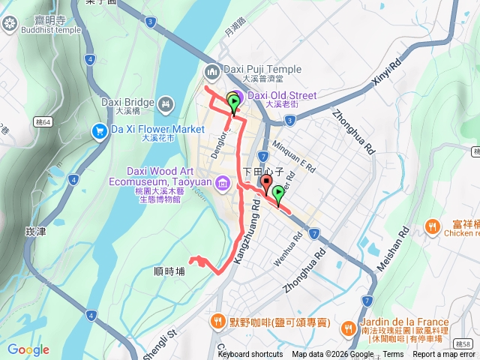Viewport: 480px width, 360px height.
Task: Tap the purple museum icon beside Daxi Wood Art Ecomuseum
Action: pyautogui.click(x=223, y=183)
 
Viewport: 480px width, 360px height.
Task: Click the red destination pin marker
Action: pyautogui.click(x=266, y=184)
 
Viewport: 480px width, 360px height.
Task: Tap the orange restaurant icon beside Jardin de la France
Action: pyautogui.click(x=349, y=328)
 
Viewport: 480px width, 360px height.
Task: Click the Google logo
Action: pyautogui.click(x=28, y=349)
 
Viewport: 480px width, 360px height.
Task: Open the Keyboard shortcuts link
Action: pyautogui.click(x=250, y=355)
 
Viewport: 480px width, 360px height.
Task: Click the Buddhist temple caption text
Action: pyautogui.click(x=51, y=30)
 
